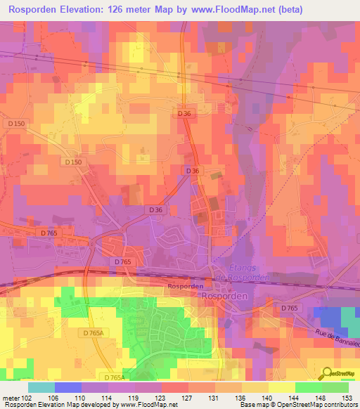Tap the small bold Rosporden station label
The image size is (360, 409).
tap(186, 287)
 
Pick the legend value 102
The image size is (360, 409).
tap(27, 397)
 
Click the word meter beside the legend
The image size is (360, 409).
tap(10, 397)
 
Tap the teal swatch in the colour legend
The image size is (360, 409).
tap(41, 387)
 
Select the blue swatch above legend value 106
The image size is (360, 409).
tap(67, 387)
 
